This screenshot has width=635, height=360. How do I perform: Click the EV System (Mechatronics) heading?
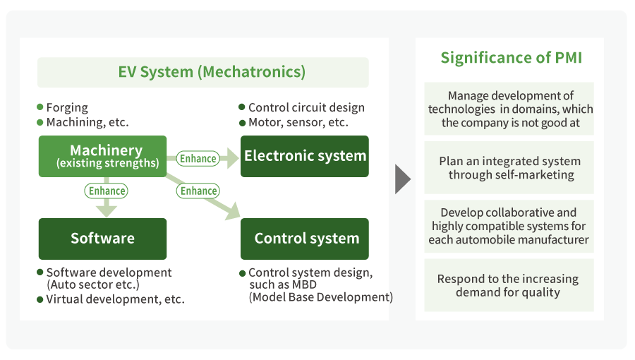(x=202, y=72)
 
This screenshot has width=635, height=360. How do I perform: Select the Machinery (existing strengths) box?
(x=102, y=156)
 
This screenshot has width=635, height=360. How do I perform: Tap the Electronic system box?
(x=305, y=156)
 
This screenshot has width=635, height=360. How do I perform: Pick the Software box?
(x=102, y=239)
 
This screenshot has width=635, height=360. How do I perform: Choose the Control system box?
(x=305, y=239)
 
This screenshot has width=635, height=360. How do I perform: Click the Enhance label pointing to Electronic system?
(x=198, y=159)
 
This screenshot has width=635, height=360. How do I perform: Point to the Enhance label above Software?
(x=107, y=191)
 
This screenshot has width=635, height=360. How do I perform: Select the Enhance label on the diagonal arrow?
(x=198, y=191)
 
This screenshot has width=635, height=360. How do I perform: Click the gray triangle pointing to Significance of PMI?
(x=402, y=179)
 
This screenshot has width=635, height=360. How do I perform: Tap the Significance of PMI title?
(x=511, y=58)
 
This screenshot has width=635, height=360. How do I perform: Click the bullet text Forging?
(x=67, y=108)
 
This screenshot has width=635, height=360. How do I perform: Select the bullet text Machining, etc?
(x=87, y=122)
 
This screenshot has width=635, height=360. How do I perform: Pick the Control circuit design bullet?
(x=306, y=108)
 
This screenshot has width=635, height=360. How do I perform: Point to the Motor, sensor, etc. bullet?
(x=298, y=122)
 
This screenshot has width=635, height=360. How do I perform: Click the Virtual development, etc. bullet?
(x=115, y=299)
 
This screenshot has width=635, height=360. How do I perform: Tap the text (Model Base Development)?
(x=320, y=297)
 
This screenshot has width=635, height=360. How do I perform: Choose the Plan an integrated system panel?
(x=509, y=168)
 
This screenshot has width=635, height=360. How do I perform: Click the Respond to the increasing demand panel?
(x=509, y=285)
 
